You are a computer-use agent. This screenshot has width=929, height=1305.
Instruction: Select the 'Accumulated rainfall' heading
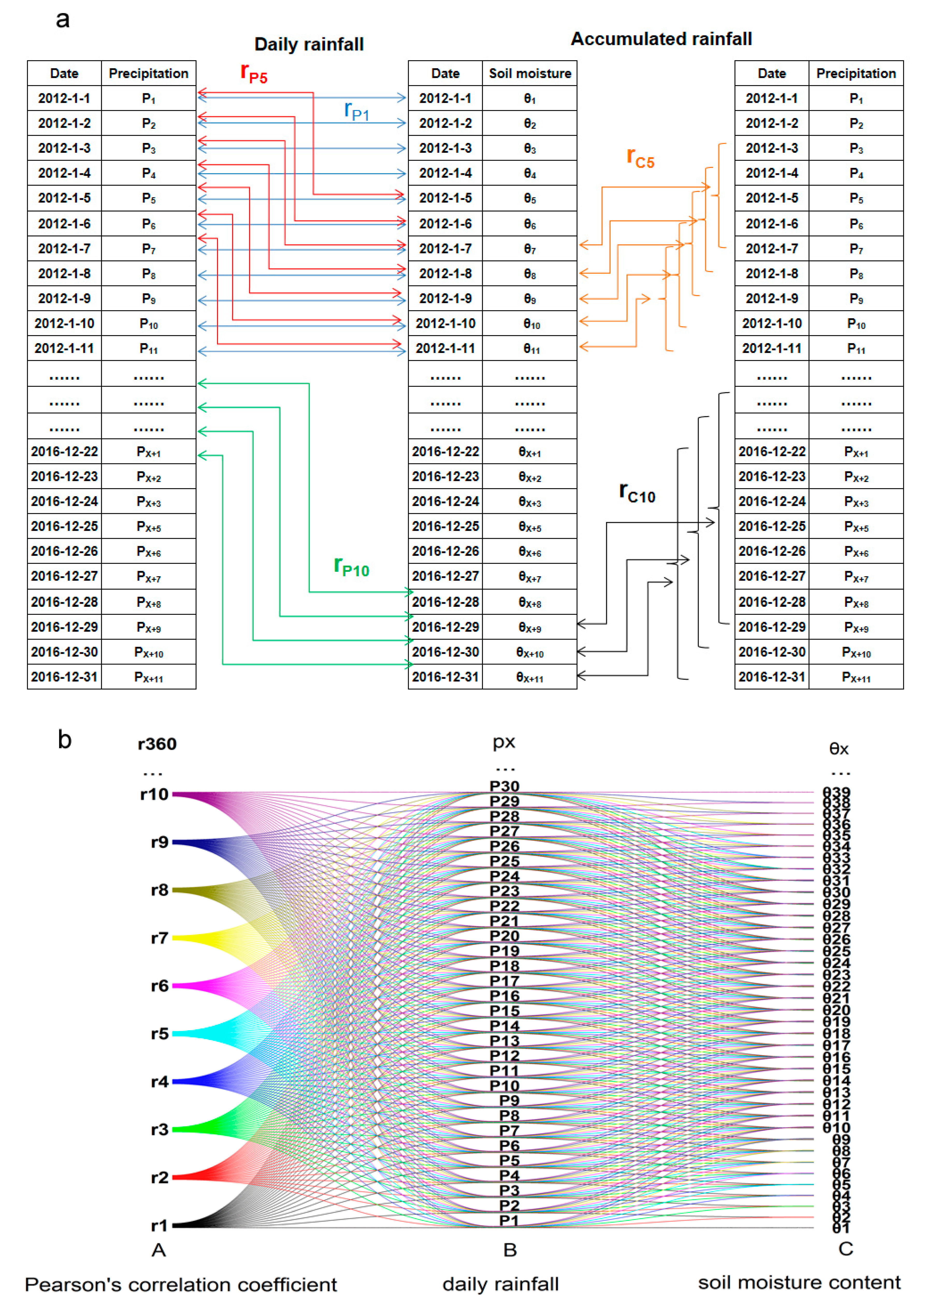tap(661, 39)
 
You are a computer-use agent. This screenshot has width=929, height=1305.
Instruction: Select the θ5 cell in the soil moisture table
tap(530, 198)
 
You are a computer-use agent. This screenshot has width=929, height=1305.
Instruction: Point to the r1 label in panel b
tap(159, 1225)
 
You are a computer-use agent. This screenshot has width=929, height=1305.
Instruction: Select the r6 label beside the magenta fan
tap(160, 986)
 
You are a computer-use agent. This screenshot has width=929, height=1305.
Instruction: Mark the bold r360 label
tap(157, 744)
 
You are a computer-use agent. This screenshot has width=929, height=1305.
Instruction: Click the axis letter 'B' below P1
tap(510, 1250)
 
